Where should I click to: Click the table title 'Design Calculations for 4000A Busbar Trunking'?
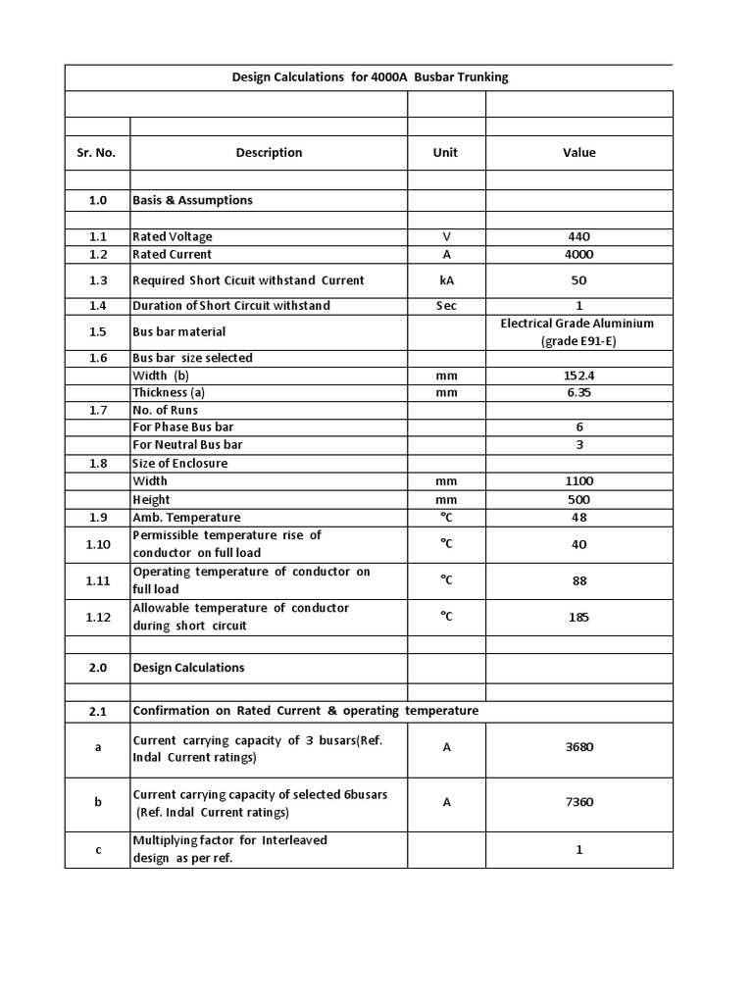[369, 76]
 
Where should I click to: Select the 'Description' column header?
[269, 153]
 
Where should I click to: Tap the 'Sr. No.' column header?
[96, 153]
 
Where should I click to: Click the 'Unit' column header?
[445, 153]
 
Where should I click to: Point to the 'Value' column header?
[578, 153]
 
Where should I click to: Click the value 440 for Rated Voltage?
[578, 236]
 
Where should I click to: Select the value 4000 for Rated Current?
[578, 254]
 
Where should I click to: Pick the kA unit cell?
[446, 280]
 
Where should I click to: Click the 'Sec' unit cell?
[446, 306]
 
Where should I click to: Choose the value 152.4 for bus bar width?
[578, 376]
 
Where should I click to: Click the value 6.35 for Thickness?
[578, 392]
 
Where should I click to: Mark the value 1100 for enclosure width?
[578, 481]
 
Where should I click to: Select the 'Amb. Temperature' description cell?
[186, 518]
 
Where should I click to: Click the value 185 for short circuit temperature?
[578, 618]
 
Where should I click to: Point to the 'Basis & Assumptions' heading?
[192, 200]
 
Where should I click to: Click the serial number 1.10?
[96, 544]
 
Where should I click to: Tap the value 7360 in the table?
[578, 802]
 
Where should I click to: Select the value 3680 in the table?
[578, 747]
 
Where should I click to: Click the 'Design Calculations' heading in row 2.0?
[188, 668]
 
